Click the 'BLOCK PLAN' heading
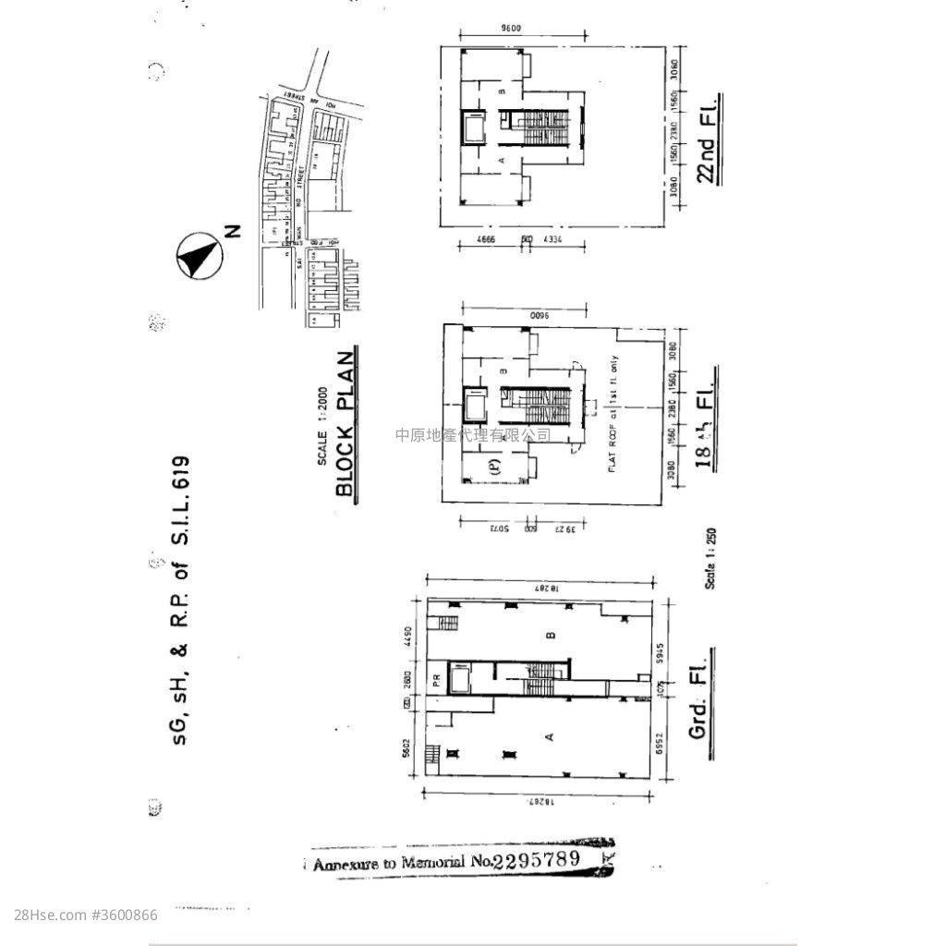[x=346, y=424]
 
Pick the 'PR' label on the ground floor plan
[x=435, y=679]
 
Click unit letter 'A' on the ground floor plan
[x=551, y=736]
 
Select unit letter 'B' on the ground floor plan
[x=551, y=635]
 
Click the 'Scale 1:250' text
[x=710, y=558]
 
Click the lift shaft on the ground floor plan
[x=459, y=679]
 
